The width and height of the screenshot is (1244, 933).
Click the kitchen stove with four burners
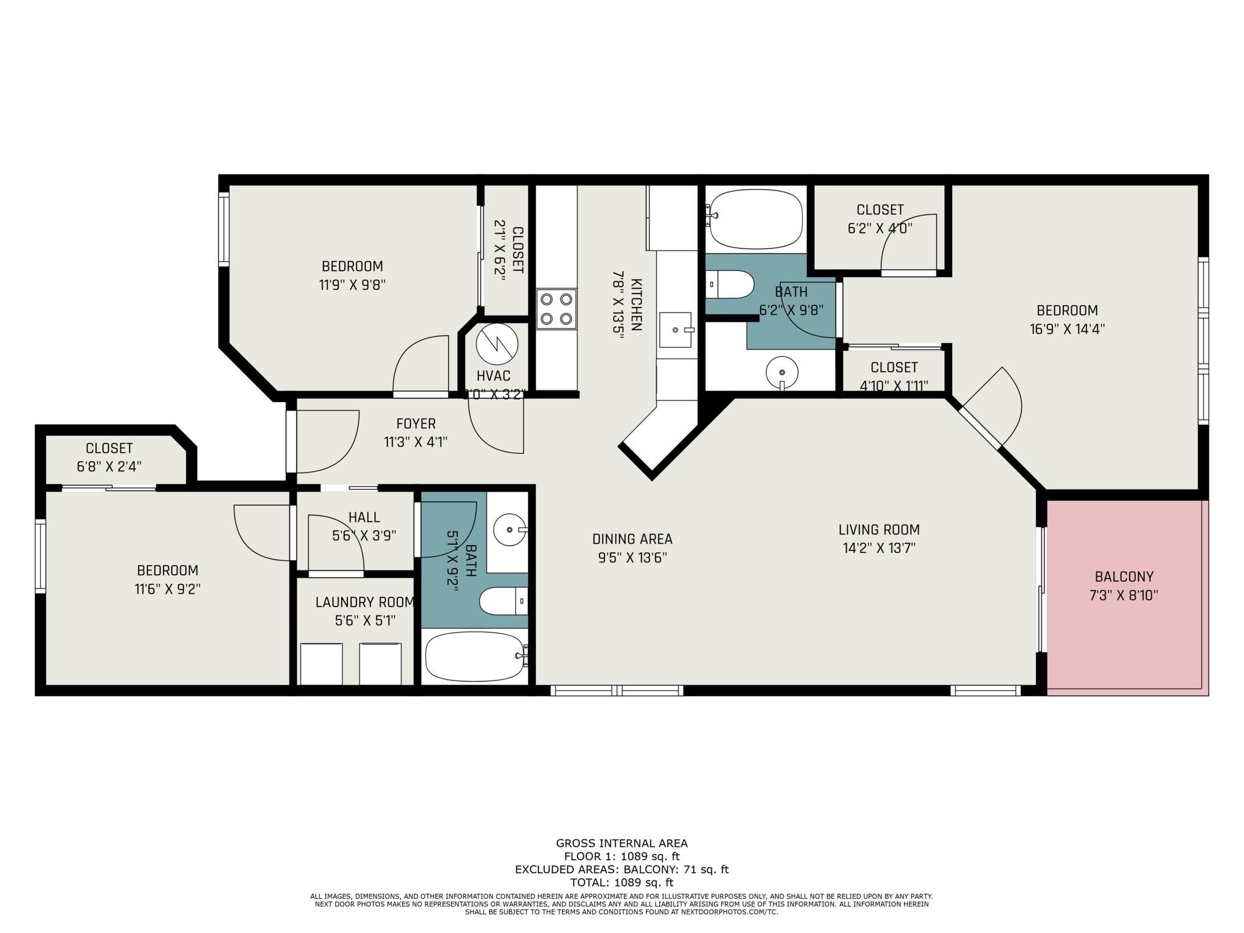556,309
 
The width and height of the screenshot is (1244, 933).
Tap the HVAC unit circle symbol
496,344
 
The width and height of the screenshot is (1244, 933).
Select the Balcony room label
1124,577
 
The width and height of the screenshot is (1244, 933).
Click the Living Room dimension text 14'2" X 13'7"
879,548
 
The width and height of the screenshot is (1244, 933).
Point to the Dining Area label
632,539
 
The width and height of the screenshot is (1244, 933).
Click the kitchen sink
676,330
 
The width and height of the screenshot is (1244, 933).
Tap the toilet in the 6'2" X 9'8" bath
730,284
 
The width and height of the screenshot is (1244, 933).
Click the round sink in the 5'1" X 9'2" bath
510,530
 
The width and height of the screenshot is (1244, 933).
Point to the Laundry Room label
365,602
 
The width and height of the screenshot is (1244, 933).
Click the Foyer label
416,423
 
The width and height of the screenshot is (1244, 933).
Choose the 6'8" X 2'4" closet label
109,467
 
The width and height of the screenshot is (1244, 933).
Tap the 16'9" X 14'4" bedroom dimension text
1067,329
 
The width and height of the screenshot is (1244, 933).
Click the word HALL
364,517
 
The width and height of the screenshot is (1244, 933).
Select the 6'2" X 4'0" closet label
880,228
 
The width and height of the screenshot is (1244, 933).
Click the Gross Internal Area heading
621,843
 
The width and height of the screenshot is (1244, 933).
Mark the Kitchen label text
636,304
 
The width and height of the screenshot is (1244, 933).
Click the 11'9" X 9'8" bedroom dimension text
352,285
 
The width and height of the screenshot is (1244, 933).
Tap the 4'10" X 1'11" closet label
894,386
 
